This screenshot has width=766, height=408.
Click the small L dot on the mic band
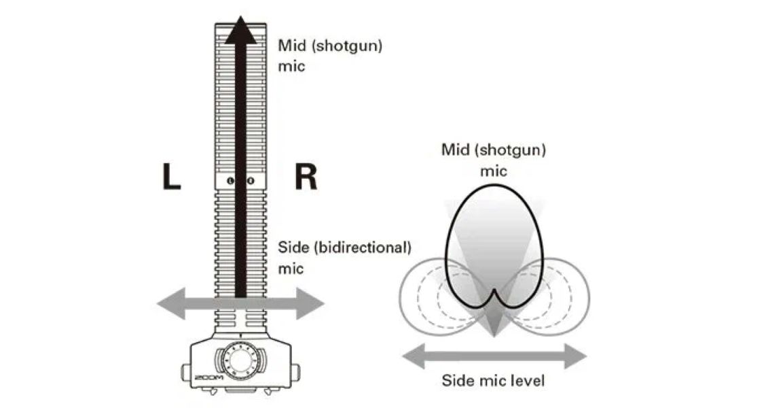[x=231, y=181]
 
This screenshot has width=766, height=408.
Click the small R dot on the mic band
[x=250, y=181]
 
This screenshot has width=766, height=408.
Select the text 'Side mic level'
[x=493, y=380]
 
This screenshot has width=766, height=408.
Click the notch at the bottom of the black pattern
[x=495, y=294]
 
